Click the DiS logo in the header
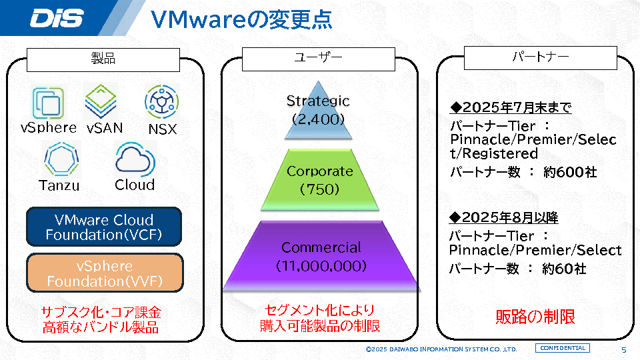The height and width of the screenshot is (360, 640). (x=57, y=18)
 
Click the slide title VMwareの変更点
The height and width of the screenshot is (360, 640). (x=241, y=19)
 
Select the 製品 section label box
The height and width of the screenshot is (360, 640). (x=103, y=59)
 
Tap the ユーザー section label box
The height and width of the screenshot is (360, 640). (x=318, y=59)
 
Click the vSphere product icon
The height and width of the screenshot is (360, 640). (x=49, y=103)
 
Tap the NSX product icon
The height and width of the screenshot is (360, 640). (x=161, y=102)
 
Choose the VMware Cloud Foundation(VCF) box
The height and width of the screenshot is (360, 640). (x=104, y=227)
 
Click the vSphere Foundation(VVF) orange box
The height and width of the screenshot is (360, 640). (x=104, y=273)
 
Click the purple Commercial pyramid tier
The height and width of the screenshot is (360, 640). (x=321, y=257)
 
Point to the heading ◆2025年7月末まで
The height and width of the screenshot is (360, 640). (x=511, y=108)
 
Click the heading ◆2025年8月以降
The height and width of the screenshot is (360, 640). (x=505, y=218)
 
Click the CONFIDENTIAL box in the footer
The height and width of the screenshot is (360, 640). (x=563, y=349)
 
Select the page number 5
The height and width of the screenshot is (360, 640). (x=623, y=350)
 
